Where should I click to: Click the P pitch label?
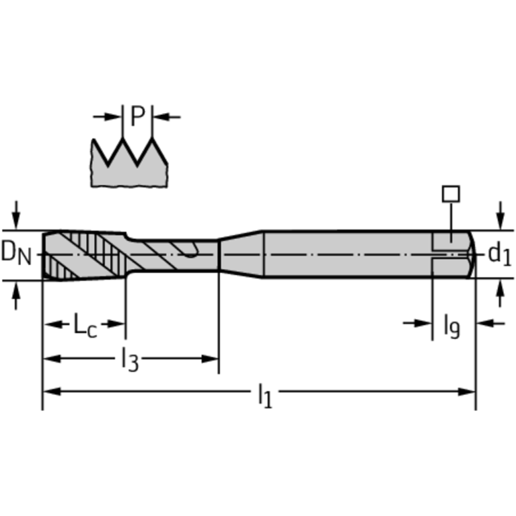coord(137,116)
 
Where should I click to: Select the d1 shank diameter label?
coord(499,254)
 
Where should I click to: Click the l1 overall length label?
coord(265,395)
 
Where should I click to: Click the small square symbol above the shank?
coord(450,194)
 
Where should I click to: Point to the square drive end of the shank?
coord(452,254)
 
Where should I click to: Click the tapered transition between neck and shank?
coord(240,254)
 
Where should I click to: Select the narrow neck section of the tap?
coord(175,254)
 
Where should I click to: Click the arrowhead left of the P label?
coord(114,116)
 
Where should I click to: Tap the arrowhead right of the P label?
coord(161,116)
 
